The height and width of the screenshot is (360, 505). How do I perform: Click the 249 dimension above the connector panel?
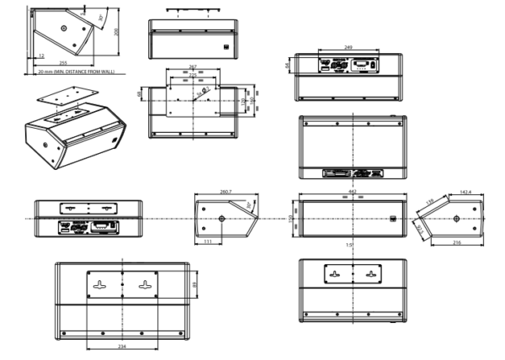pyautogui.click(x=348, y=48)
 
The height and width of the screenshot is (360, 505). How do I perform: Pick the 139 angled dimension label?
pyautogui.click(x=429, y=203)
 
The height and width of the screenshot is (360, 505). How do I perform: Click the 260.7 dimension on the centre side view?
pyautogui.click(x=226, y=193)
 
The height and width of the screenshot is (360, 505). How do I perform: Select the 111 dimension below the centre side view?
pyautogui.click(x=207, y=243)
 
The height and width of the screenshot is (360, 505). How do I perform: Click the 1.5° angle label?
pyautogui.click(x=348, y=245)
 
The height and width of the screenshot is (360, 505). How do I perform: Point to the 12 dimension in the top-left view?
pyautogui.click(x=41, y=56)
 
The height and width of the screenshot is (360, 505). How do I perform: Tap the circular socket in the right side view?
pyautogui.click(x=456, y=219)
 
